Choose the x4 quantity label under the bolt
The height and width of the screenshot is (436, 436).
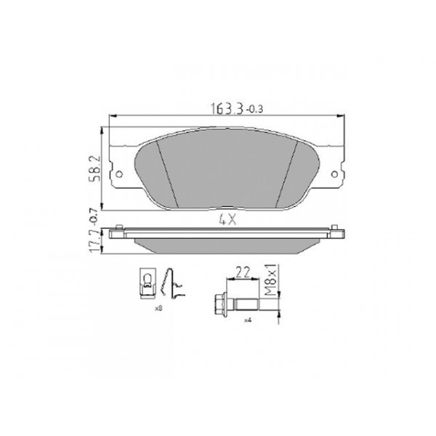247,320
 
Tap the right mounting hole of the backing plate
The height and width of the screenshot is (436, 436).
336,174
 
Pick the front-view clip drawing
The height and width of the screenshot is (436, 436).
147,285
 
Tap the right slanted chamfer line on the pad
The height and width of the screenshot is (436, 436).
288,171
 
